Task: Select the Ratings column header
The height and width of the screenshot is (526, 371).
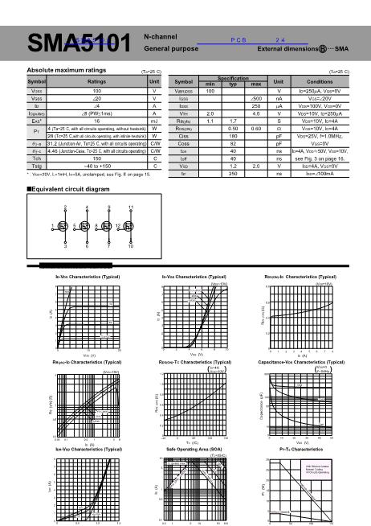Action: [x=96, y=82]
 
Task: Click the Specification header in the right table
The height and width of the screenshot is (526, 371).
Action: [x=233, y=79]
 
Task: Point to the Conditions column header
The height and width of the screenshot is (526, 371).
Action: [x=320, y=82]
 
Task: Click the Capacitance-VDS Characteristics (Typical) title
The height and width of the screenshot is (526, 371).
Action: [x=307, y=363]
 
